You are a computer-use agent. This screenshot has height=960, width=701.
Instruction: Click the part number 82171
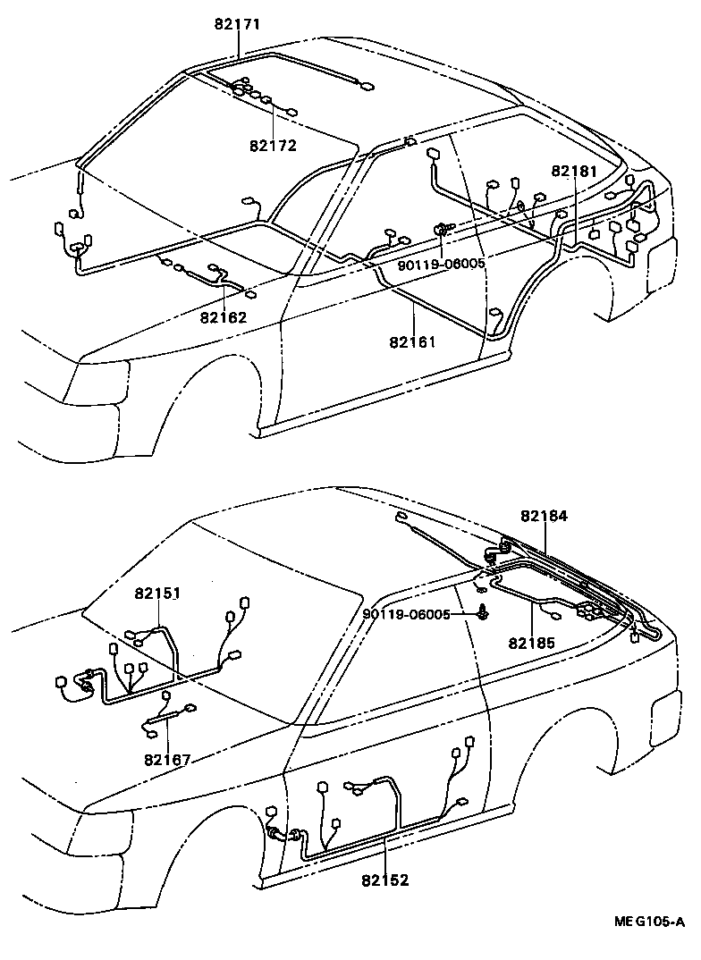pyautogui.click(x=237, y=24)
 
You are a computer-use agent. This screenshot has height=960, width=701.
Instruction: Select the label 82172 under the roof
pyautogui.click(x=274, y=145)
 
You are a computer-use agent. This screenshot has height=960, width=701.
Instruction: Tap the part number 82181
pyautogui.click(x=574, y=171)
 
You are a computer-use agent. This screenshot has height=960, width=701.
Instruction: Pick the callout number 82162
pyautogui.click(x=224, y=316)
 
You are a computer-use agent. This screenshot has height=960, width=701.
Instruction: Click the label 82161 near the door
pyautogui.click(x=412, y=341)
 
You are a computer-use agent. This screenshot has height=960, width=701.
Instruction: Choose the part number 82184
pyautogui.click(x=545, y=516)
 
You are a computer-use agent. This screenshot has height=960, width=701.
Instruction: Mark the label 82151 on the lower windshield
pyautogui.click(x=158, y=593)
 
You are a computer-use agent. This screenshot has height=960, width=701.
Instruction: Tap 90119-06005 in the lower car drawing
pyautogui.click(x=407, y=614)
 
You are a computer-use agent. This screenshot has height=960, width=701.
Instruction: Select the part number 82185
pyautogui.click(x=533, y=642)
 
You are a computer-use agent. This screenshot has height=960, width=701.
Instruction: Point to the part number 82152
pyautogui.click(x=385, y=880)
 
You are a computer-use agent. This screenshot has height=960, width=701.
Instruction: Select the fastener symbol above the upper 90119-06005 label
pyautogui.click(x=443, y=230)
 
